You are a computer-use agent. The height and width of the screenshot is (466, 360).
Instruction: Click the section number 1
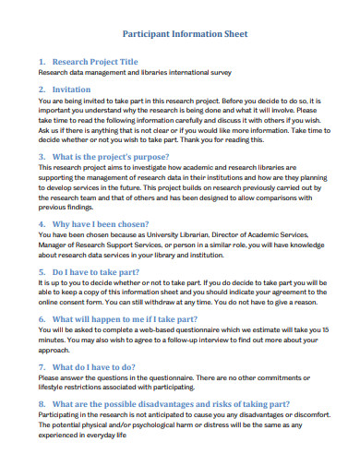pyautogui.click(x=42, y=60)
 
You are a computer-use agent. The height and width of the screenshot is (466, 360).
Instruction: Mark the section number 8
pyautogui.click(x=42, y=378)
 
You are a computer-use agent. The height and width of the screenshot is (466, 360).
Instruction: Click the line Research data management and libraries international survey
pyautogui.click(x=134, y=72)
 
